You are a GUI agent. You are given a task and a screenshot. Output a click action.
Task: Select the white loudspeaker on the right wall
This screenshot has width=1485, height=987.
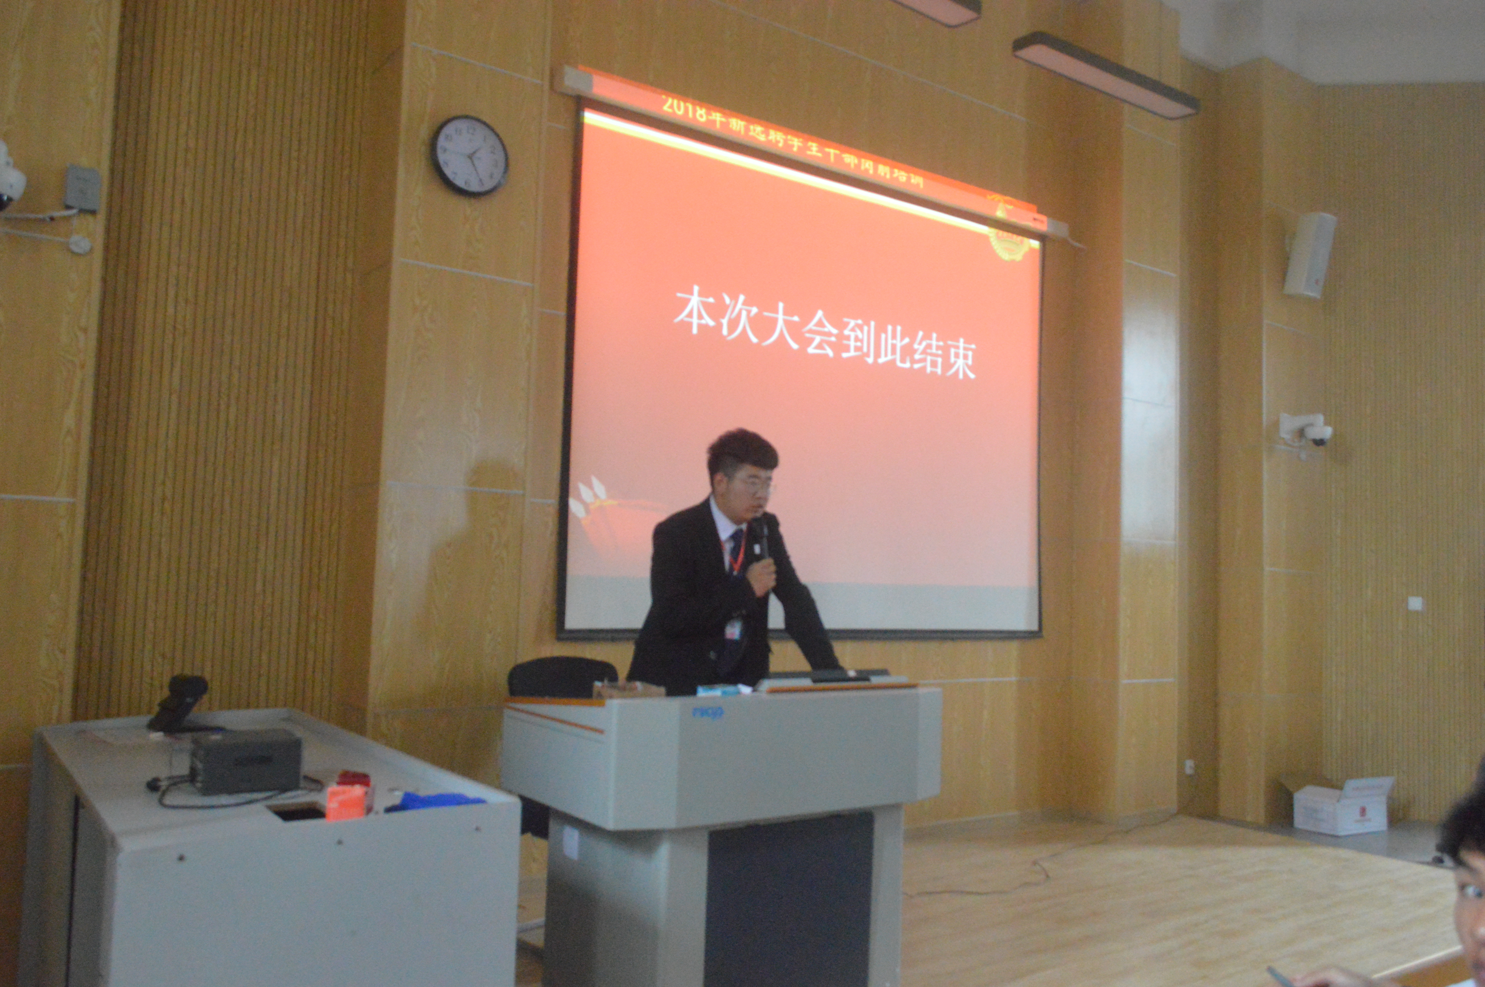click(x=1310, y=255)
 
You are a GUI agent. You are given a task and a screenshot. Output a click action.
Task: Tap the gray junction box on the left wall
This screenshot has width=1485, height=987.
click(x=82, y=188)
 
